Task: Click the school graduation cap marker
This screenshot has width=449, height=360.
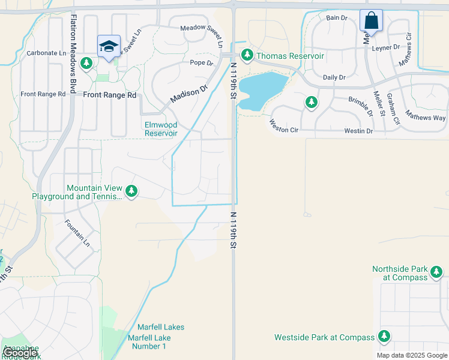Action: (x=109, y=46)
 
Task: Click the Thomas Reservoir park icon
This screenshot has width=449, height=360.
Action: (x=246, y=56)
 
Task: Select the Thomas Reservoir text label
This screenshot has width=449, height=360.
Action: (x=291, y=56)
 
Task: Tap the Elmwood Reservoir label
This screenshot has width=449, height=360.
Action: (x=161, y=129)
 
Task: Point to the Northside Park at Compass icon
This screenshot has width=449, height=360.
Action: (x=436, y=273)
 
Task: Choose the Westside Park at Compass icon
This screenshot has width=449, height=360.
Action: (x=384, y=337)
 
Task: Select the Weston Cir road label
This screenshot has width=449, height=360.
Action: (x=283, y=127)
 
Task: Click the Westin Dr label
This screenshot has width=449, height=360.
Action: (x=358, y=131)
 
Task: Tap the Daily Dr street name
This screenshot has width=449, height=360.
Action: (x=334, y=77)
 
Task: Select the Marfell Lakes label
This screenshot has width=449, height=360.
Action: (x=161, y=327)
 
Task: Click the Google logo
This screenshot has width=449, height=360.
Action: (x=20, y=353)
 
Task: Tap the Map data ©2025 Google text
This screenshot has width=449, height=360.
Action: (x=412, y=355)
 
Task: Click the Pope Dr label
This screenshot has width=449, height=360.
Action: (x=202, y=62)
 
